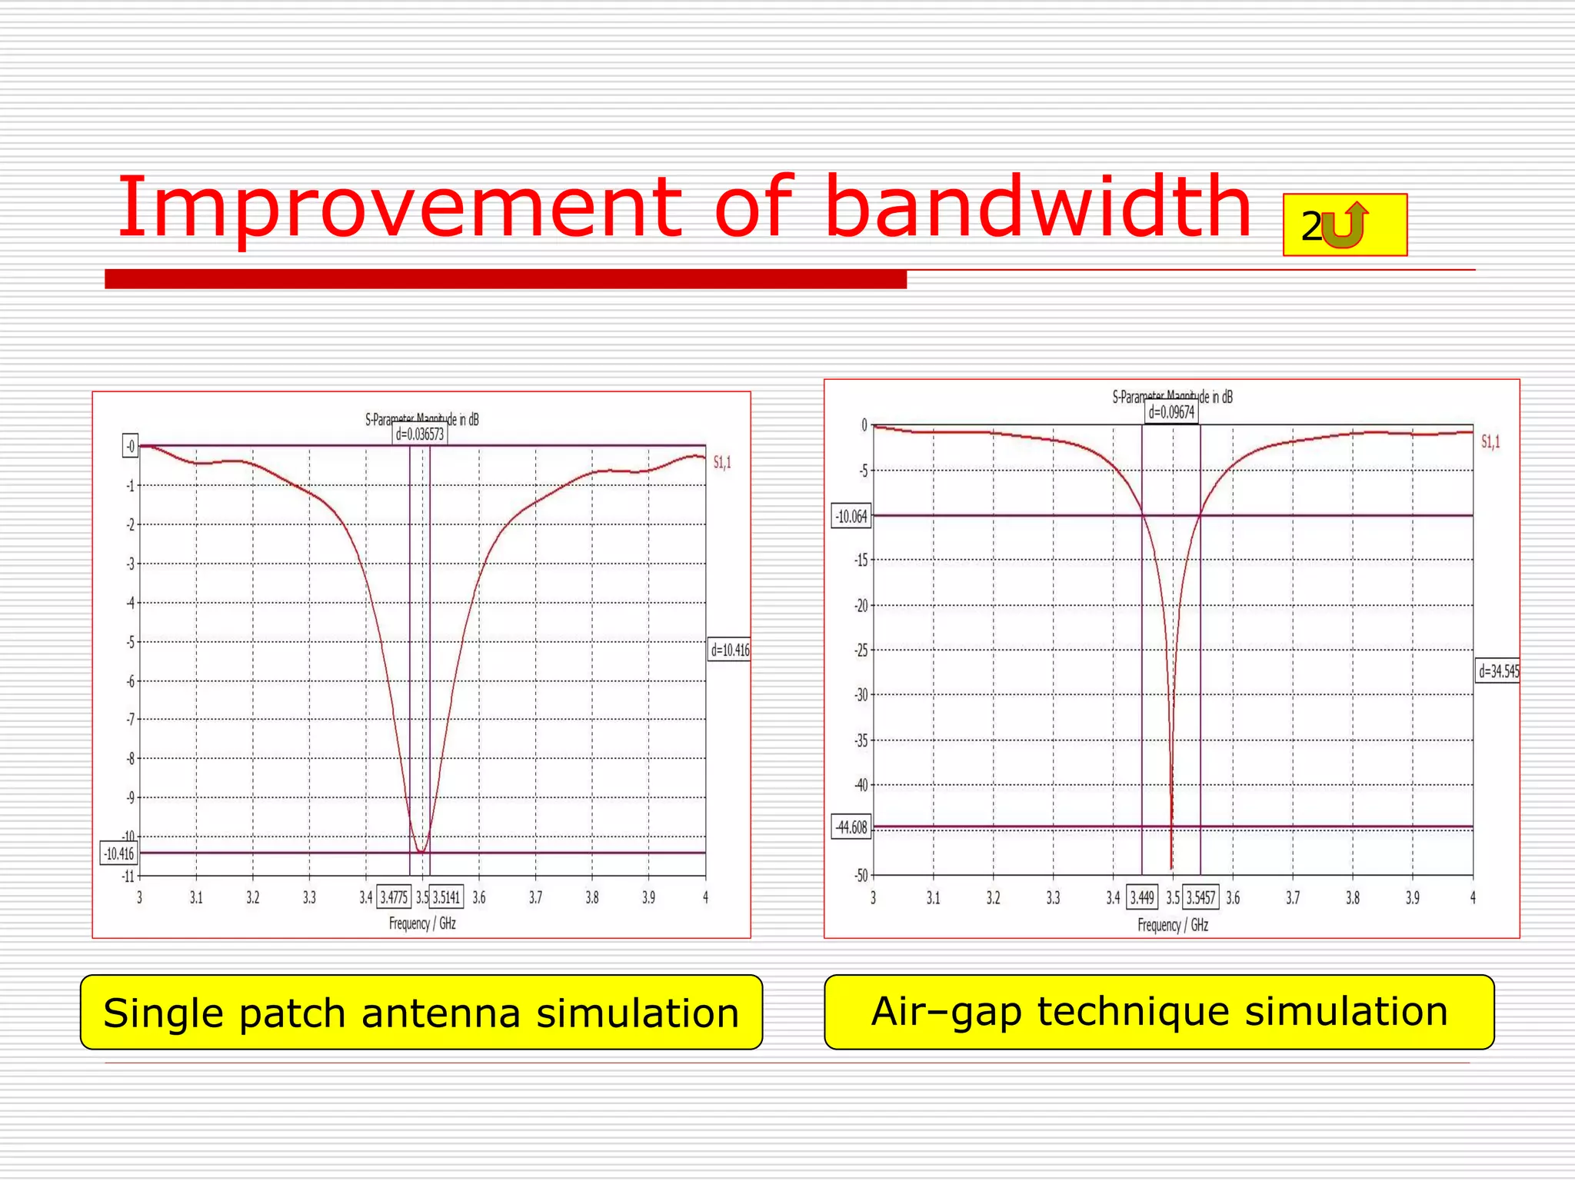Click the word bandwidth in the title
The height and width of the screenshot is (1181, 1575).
pyautogui.click(x=1038, y=208)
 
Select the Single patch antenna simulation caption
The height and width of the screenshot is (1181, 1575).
pyautogui.click(x=421, y=1013)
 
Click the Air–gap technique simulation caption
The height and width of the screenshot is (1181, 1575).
pyautogui.click(x=1159, y=1011)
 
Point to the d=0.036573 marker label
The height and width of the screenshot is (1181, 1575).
pyautogui.click(x=420, y=434)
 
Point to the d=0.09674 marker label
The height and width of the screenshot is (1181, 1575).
pyautogui.click(x=1171, y=412)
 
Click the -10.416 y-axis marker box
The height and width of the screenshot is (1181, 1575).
pyautogui.click(x=119, y=853)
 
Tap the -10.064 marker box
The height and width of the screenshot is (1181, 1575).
pyautogui.click(x=852, y=516)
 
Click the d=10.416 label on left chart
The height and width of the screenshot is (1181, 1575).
pyautogui.click(x=729, y=650)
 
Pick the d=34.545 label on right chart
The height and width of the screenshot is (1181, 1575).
pyautogui.click(x=1498, y=671)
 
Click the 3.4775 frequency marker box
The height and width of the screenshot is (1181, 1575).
pyautogui.click(x=394, y=897)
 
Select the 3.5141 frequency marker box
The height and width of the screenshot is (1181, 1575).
pyautogui.click(x=446, y=897)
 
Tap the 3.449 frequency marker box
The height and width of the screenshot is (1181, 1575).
pyautogui.click(x=1142, y=897)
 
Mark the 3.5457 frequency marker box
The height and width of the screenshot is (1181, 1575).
pyautogui.click(x=1200, y=897)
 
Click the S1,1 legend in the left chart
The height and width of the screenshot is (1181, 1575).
pyautogui.click(x=722, y=462)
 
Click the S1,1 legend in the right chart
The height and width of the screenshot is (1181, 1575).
pyautogui.click(x=1490, y=442)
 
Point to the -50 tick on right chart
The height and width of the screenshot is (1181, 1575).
pyautogui.click(x=861, y=876)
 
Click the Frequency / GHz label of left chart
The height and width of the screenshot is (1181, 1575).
pyautogui.click(x=422, y=923)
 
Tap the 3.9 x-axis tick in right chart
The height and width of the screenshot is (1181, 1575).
pyautogui.click(x=1413, y=897)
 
